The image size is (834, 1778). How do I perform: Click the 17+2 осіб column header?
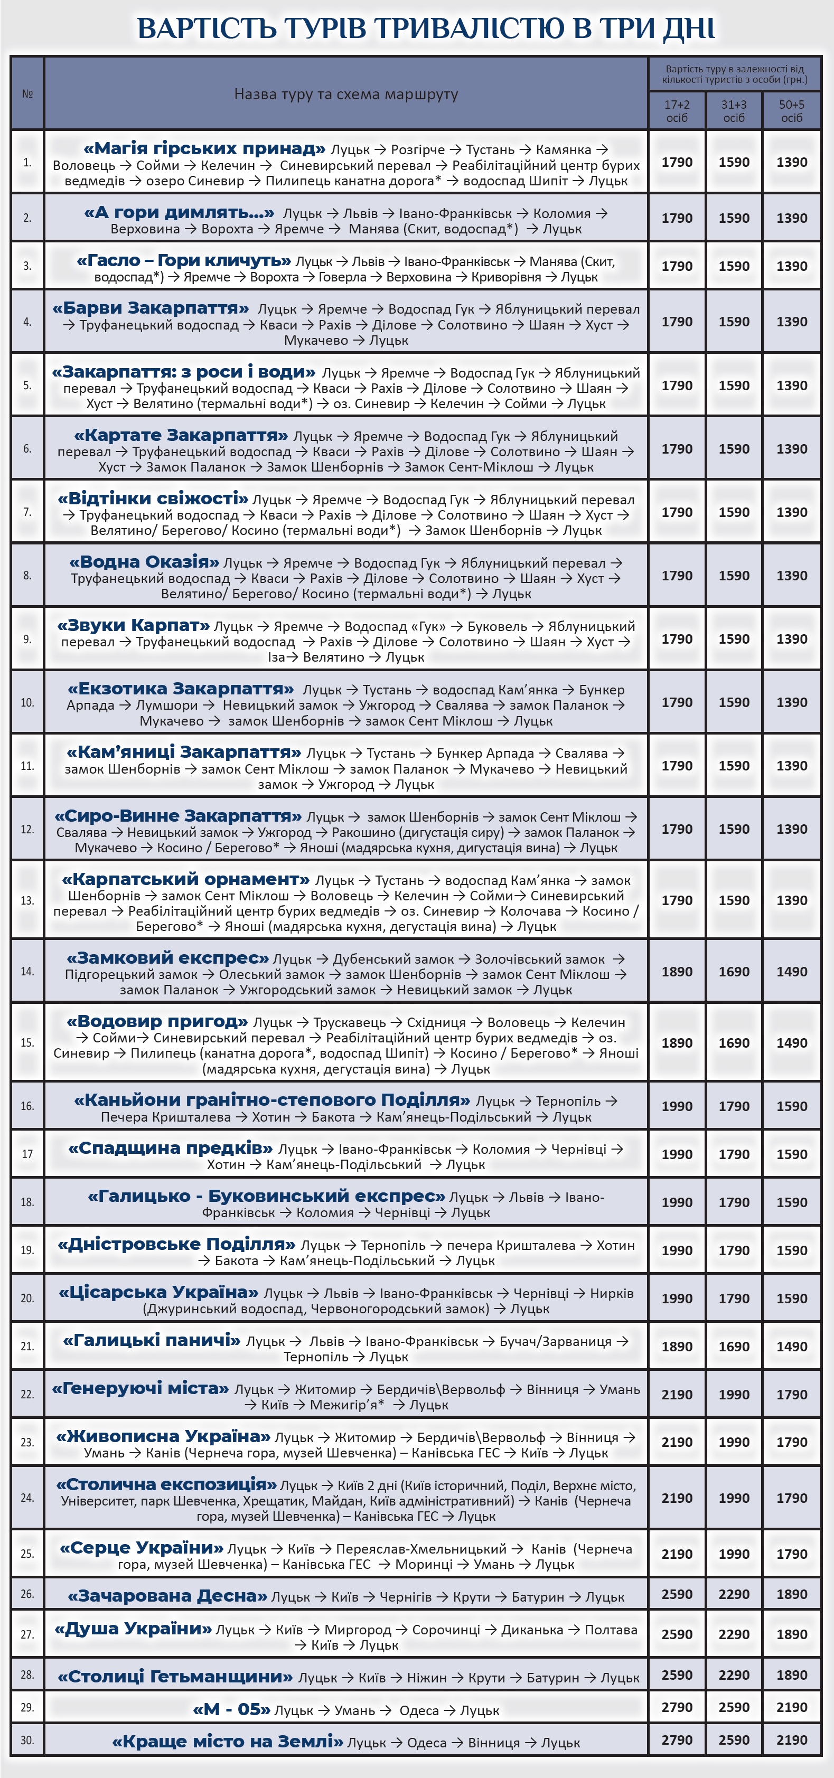point(677,111)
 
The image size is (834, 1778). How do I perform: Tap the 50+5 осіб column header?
point(791,111)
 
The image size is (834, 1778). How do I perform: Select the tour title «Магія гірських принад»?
point(204,148)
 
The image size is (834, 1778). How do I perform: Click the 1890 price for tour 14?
point(677,971)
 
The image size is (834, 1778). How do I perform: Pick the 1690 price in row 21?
point(734,1346)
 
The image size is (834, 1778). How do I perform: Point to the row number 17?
point(27,1154)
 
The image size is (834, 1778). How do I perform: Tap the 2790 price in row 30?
point(677,1740)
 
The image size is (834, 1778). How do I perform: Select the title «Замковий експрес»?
point(168,958)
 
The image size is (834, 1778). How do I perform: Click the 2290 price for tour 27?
point(734,1634)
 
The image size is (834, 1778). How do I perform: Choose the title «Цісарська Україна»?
point(159,1292)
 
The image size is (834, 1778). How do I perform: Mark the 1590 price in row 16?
point(791,1106)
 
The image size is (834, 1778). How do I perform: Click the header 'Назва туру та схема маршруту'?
point(346,94)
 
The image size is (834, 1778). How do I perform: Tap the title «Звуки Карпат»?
point(133,625)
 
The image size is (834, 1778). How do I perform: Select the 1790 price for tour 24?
point(791,1498)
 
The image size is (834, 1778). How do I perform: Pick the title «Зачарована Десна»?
point(167,1596)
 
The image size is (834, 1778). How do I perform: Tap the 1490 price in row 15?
point(791,1042)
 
